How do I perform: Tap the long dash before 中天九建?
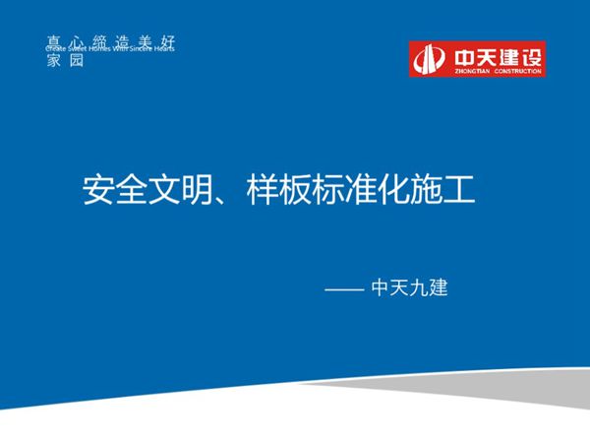point(343,290)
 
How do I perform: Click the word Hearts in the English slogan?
point(161,48)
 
